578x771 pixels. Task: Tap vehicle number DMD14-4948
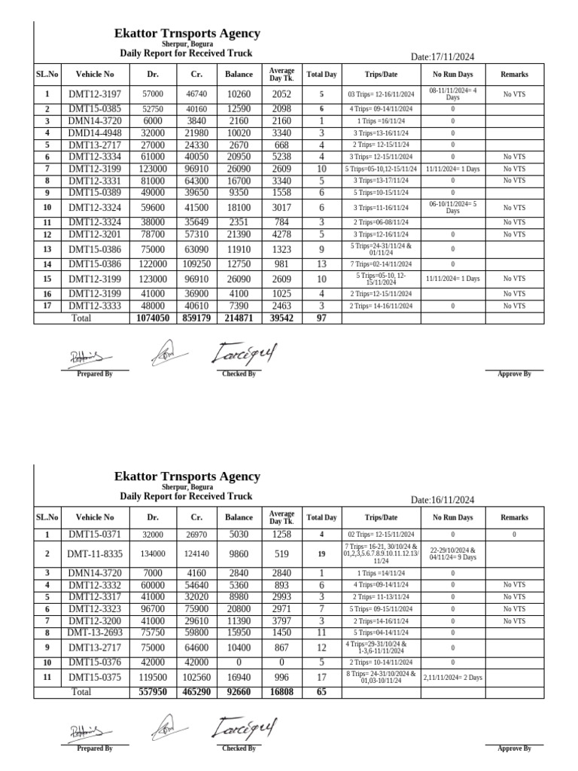tap(94, 133)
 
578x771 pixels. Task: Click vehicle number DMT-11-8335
tap(94, 553)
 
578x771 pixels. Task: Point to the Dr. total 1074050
tap(153, 318)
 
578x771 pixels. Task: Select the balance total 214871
tap(239, 318)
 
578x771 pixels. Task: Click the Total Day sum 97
tap(321, 318)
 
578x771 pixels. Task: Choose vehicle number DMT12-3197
tap(94, 94)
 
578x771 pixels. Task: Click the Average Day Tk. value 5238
tap(281, 157)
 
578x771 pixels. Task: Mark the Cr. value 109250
tap(196, 264)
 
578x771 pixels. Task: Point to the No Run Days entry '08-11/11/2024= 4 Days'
tap(452, 94)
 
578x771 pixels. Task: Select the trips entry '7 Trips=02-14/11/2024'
tap(381, 264)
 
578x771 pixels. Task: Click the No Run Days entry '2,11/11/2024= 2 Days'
tap(452, 657)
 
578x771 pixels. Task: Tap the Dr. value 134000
tap(153, 553)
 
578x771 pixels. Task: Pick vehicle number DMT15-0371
tap(94, 535)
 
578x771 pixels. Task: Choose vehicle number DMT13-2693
tap(94, 632)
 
